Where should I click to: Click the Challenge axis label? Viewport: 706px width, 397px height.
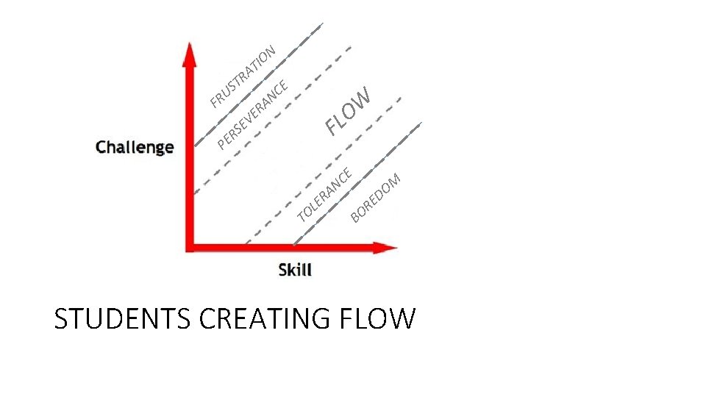click(135, 147)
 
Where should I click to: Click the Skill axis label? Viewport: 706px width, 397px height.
click(295, 270)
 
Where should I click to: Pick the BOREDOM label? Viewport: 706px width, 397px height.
click(375, 197)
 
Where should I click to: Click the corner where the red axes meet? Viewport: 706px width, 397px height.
click(190, 247)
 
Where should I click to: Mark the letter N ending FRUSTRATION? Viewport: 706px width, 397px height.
click(270, 51)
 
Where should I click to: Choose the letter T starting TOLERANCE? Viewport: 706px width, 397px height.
click(302, 215)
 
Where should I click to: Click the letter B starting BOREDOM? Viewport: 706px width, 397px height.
click(355, 215)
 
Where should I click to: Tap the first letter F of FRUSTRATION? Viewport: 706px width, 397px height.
click(214, 101)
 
